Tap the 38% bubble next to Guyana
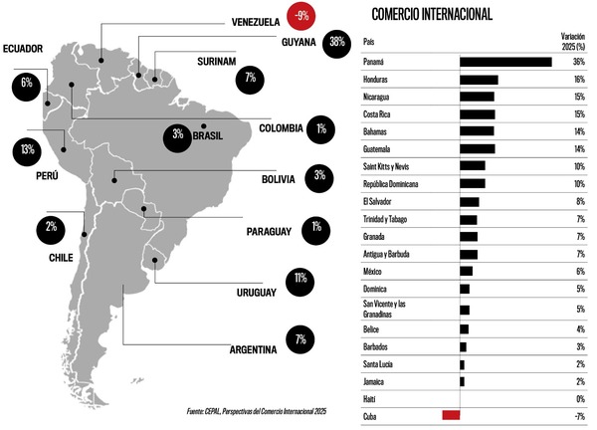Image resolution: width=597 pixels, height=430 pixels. pos(337,42)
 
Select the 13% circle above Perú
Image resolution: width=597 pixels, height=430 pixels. pos(27,150)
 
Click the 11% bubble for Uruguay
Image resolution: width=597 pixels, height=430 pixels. pos(299,278)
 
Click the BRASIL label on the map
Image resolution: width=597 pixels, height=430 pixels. pos(207,135)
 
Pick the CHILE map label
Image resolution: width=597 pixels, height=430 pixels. pos(61,257)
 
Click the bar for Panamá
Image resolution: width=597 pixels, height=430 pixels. pos(505,62)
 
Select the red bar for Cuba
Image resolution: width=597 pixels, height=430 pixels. pos(451,414)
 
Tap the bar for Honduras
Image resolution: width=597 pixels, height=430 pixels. pos(479,80)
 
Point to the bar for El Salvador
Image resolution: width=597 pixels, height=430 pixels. pos(470,202)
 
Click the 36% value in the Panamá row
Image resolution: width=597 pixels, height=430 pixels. pos(579,62)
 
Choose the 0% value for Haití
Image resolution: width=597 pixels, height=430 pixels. pos(580,398)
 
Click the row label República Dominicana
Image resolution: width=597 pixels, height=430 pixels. pos(391,184)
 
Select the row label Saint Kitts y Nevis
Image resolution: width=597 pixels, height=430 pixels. pos(390,166)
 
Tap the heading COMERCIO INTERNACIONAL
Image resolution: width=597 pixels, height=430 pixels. pos(432,14)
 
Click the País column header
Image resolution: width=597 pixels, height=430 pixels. pos(369,42)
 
